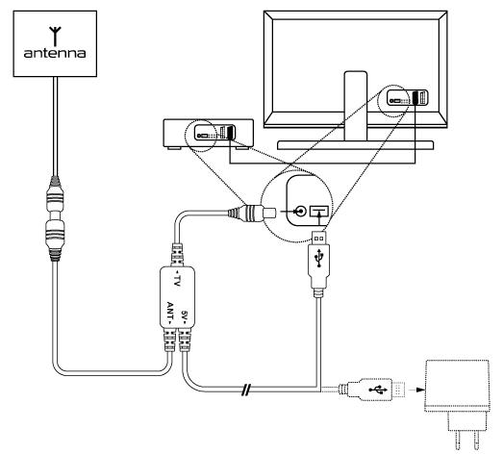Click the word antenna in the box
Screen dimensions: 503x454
click(x=55, y=53)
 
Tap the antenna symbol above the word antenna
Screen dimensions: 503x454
click(x=55, y=37)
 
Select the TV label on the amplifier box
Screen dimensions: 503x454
click(x=177, y=279)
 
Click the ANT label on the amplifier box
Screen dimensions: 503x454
click(x=170, y=312)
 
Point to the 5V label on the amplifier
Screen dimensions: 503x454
click(x=184, y=316)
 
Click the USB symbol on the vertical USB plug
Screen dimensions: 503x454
click(x=319, y=258)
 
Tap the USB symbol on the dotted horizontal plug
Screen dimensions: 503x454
click(x=378, y=390)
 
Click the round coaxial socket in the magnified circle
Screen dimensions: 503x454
click(x=301, y=212)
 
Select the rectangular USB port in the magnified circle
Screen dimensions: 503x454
click(x=319, y=211)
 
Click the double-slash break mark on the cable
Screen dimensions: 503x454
click(x=245, y=390)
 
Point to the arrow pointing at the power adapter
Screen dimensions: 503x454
click(x=418, y=390)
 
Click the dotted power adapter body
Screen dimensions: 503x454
click(x=457, y=386)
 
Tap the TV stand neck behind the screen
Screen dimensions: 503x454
click(x=356, y=106)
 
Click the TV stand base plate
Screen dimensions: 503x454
click(x=356, y=145)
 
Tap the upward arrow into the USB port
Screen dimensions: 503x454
click(x=319, y=218)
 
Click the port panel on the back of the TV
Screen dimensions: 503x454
click(x=407, y=97)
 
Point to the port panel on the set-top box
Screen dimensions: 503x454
click(x=214, y=132)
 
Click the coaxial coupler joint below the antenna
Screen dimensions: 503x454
click(x=55, y=218)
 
